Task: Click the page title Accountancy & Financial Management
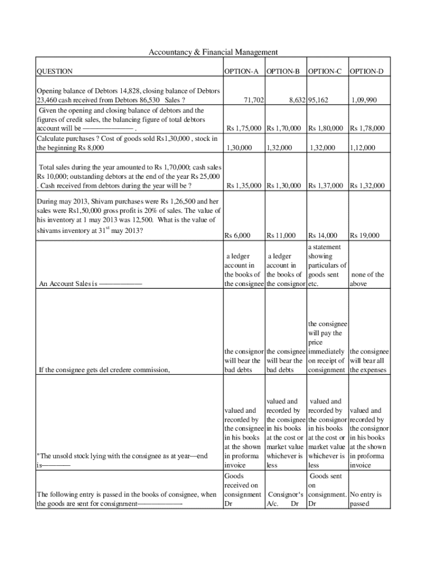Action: click(213, 52)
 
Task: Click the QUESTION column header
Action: click(54, 71)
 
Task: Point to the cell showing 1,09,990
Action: click(364, 101)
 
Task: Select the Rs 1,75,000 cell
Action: click(243, 128)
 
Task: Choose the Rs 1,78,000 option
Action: click(367, 128)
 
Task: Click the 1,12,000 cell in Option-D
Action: click(362, 148)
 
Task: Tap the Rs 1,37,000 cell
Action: click(327, 185)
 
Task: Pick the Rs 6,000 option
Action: click(237, 236)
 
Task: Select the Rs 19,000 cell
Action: click(364, 236)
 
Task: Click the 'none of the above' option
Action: click(366, 279)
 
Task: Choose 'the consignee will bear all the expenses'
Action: click(369, 360)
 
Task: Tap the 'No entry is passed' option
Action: click(366, 499)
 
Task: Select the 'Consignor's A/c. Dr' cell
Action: click(285, 499)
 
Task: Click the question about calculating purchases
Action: click(127, 143)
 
